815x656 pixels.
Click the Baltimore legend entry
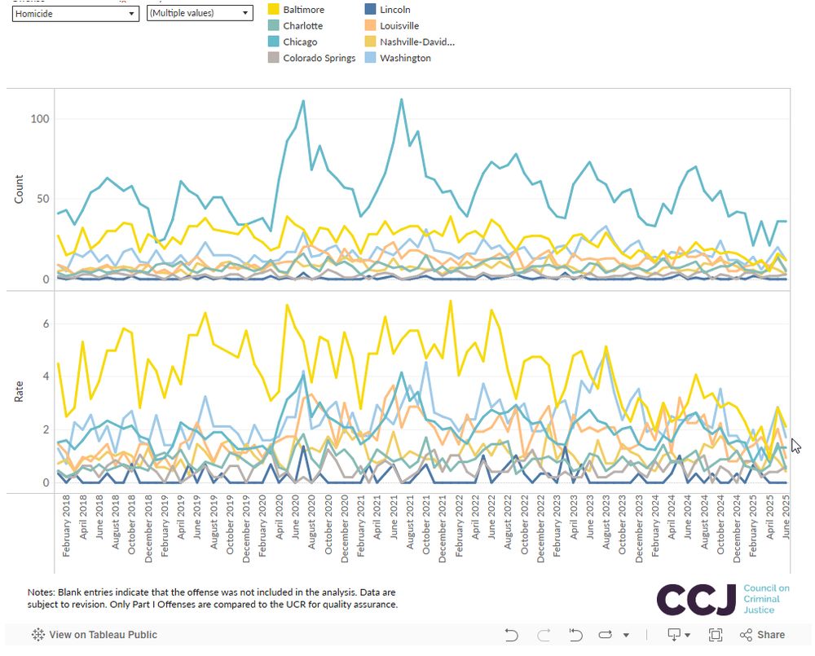[x=303, y=10]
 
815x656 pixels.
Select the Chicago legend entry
[x=300, y=42]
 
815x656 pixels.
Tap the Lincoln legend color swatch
[x=370, y=10]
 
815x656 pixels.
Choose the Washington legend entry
[x=405, y=58]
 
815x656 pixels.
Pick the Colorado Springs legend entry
[x=319, y=58]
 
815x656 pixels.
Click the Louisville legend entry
[x=399, y=25]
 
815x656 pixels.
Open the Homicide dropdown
[x=76, y=14]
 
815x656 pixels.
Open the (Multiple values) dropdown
[x=200, y=14]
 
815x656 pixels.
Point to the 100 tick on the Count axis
[x=40, y=119]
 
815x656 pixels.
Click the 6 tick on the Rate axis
[x=46, y=324]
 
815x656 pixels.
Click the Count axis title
[x=19, y=189]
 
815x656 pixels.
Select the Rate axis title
[x=19, y=390]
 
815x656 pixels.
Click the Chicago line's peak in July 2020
[x=303, y=101]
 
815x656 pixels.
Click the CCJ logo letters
[x=696, y=600]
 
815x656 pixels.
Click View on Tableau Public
[x=103, y=635]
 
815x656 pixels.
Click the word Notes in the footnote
[x=42, y=591]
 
